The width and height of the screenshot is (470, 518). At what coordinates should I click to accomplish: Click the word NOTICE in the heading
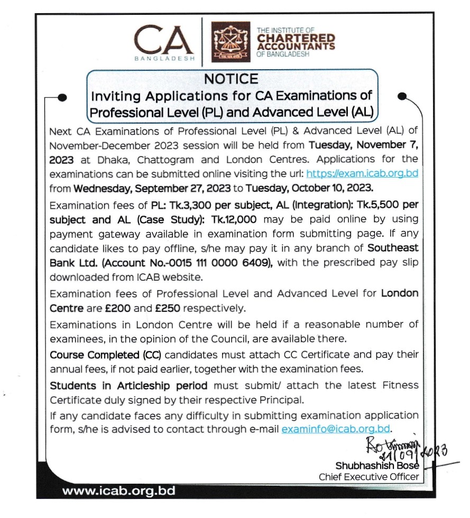[x=231, y=79]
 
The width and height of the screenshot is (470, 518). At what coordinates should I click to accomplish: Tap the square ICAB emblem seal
[x=231, y=41]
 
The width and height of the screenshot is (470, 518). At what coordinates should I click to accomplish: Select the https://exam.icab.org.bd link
[x=362, y=173]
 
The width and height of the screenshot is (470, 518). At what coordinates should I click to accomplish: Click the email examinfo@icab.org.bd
[x=336, y=429]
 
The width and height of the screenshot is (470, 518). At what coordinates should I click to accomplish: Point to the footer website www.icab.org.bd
[x=118, y=491]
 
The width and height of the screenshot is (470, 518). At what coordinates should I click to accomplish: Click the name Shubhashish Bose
[x=377, y=466]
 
